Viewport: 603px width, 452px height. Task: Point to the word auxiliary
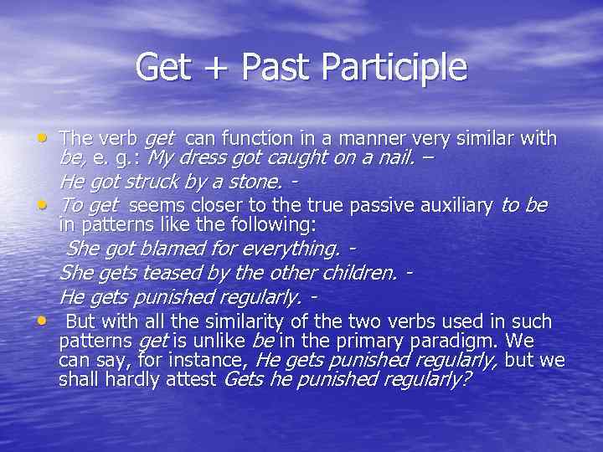point(452,205)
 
